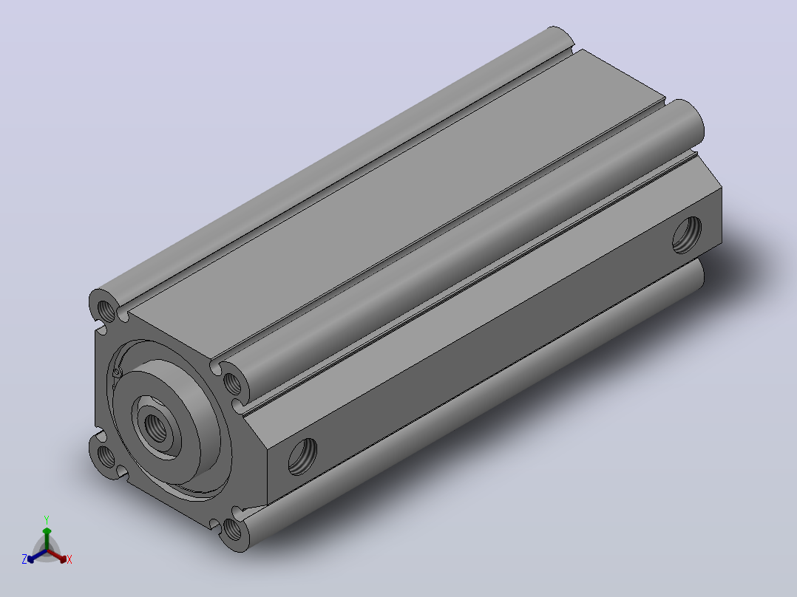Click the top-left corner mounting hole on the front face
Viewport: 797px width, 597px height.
tap(106, 310)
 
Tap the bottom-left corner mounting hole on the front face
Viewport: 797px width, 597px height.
tap(106, 456)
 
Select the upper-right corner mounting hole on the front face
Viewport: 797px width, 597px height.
tap(232, 383)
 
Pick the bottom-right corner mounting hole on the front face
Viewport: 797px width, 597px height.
tap(232, 531)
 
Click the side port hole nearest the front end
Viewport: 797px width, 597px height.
tap(302, 457)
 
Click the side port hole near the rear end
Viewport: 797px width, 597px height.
tap(687, 235)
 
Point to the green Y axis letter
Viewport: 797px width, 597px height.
tap(47, 520)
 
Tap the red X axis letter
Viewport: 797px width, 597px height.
tap(69, 560)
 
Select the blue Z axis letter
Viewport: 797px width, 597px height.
tap(24, 559)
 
